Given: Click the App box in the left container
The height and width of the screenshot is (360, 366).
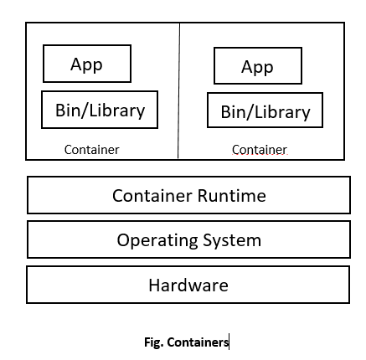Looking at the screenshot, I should pyautogui.click(x=87, y=64).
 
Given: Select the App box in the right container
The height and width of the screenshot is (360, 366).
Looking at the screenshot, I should pyautogui.click(x=257, y=65).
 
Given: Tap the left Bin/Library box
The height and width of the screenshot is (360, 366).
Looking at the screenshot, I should pyautogui.click(x=100, y=111).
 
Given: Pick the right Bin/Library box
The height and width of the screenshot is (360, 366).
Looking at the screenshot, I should pyautogui.click(x=265, y=111).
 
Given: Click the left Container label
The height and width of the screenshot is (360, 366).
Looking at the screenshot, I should pyautogui.click(x=91, y=150).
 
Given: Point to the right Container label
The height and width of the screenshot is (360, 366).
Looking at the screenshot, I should pyautogui.click(x=259, y=150).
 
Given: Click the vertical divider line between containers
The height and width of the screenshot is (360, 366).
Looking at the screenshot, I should pyautogui.click(x=178, y=92).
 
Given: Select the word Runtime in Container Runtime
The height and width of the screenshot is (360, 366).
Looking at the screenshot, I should pyautogui.click(x=232, y=196).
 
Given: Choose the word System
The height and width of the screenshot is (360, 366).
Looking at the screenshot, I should pyautogui.click(x=231, y=240).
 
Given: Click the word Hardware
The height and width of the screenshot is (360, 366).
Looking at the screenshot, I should pyautogui.click(x=188, y=285).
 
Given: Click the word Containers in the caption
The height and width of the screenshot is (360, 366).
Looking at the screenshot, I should pyautogui.click(x=197, y=342).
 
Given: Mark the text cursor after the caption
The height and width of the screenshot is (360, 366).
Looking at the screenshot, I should pyautogui.click(x=229, y=342).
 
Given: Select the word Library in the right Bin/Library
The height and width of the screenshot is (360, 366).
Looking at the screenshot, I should pyautogui.click(x=281, y=111).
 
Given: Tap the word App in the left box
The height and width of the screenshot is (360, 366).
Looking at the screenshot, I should pyautogui.click(x=86, y=64).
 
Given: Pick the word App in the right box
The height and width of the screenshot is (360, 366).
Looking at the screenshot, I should pyautogui.click(x=257, y=67).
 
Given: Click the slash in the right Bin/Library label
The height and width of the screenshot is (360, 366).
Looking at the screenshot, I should pyautogui.click(x=250, y=111).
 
